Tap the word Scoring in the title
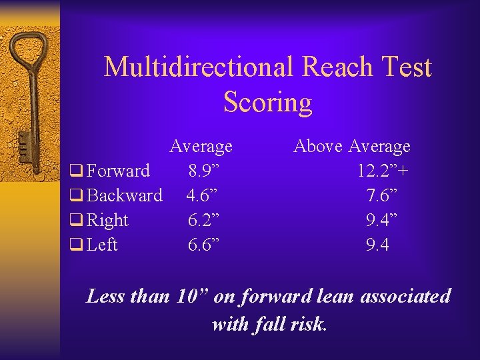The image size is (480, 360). point(267,102)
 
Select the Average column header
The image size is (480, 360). point(201,145)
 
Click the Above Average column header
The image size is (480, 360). point(352,145)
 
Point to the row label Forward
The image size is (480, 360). point(118,171)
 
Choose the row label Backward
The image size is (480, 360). point(125,195)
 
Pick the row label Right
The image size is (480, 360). point(107,220)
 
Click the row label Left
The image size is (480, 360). point(102,245)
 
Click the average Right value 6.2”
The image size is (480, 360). point(201,220)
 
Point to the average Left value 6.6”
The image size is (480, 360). point(201,245)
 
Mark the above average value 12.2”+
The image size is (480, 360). point(383,171)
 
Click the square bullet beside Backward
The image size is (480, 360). point(75,196)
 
